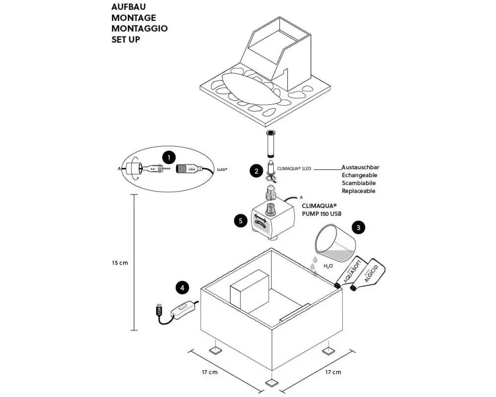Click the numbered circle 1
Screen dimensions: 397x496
coord(169,157)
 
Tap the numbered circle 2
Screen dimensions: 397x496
coord(256,171)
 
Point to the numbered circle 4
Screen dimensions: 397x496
coord(182,287)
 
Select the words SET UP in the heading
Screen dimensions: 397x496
coord(125,39)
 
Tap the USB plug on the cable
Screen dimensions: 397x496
coord(159,310)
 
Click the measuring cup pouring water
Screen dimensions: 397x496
coord(336,243)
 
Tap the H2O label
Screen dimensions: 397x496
coord(328,266)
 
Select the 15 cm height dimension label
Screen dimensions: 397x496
coord(120,263)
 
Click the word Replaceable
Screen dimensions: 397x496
coord(359,191)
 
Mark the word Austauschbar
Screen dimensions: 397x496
coord(360,168)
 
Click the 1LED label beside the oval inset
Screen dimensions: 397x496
coord(222,170)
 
